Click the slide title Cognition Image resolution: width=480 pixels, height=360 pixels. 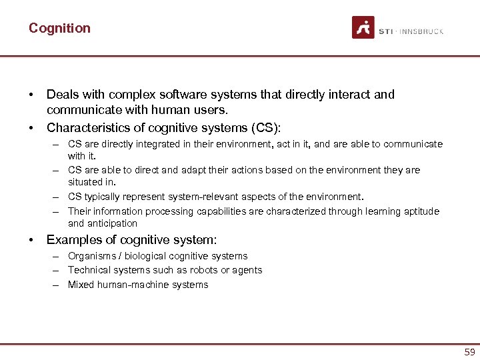(59, 28)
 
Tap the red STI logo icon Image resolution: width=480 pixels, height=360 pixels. (363, 27)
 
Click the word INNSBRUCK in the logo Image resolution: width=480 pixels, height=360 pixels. (421, 31)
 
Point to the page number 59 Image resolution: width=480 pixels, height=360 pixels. (469, 351)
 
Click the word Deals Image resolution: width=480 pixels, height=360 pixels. (62, 95)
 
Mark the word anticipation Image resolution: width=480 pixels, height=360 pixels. (112, 223)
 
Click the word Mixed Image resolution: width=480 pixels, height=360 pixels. (81, 285)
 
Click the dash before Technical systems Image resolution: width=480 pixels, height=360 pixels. (58, 270)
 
